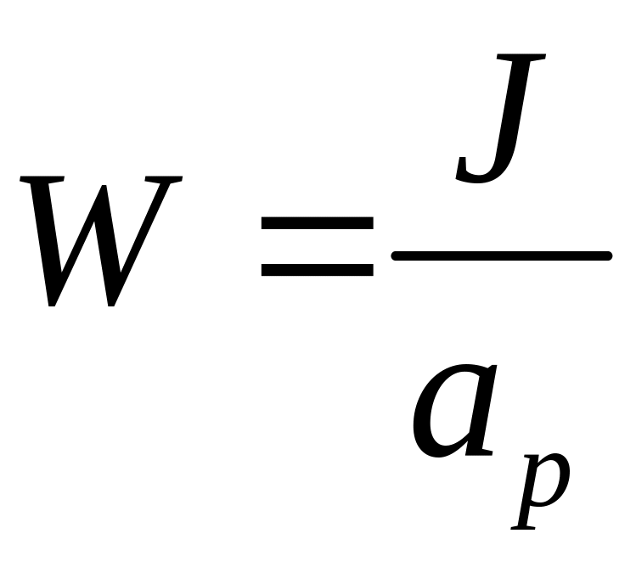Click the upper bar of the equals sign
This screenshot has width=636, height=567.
click(x=317, y=225)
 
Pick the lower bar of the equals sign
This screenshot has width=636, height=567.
click(x=317, y=271)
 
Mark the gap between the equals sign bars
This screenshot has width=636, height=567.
click(x=317, y=248)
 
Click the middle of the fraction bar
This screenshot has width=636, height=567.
click(x=501, y=255)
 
